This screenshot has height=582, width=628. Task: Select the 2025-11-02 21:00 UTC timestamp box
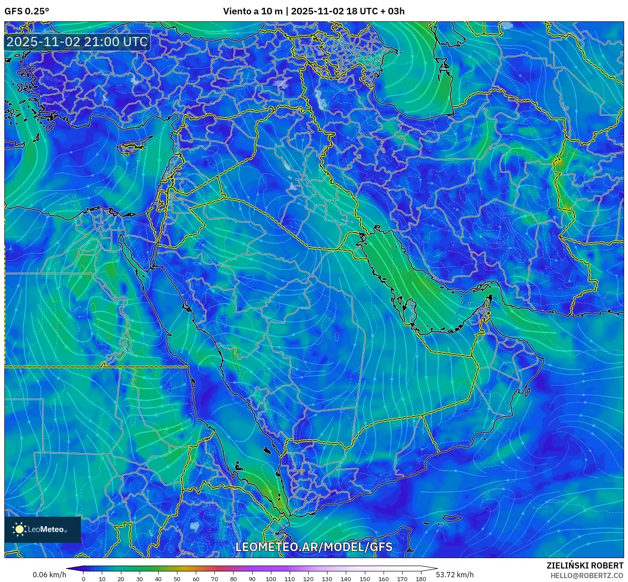click(77, 42)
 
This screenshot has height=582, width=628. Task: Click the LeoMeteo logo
click(43, 529)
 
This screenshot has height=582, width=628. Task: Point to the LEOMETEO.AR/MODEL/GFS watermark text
click(314, 547)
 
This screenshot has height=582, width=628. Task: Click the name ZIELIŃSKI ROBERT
click(585, 565)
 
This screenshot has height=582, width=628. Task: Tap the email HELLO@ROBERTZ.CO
click(587, 575)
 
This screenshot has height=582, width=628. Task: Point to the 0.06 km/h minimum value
click(49, 575)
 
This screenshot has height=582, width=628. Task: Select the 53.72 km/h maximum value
click(455, 575)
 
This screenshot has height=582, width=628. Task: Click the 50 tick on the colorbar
click(177, 579)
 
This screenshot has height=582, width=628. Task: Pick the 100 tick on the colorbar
click(271, 579)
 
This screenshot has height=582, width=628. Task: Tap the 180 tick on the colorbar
click(421, 579)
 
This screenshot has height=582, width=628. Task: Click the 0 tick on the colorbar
click(84, 579)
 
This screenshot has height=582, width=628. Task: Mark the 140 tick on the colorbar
click(346, 579)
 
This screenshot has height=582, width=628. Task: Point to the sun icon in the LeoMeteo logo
click(19, 529)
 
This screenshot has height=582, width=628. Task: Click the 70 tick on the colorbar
click(214, 579)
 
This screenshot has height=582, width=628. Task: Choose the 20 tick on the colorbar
click(121, 579)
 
